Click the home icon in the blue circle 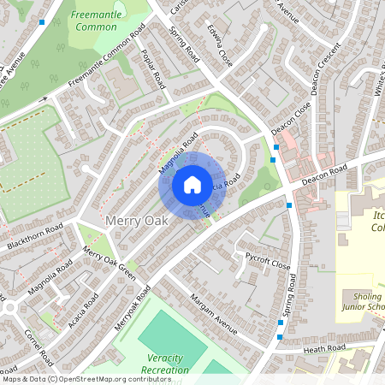click(192, 184)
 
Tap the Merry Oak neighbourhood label click(136, 221)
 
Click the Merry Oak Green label click(109, 264)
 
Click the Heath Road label click(325, 347)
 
